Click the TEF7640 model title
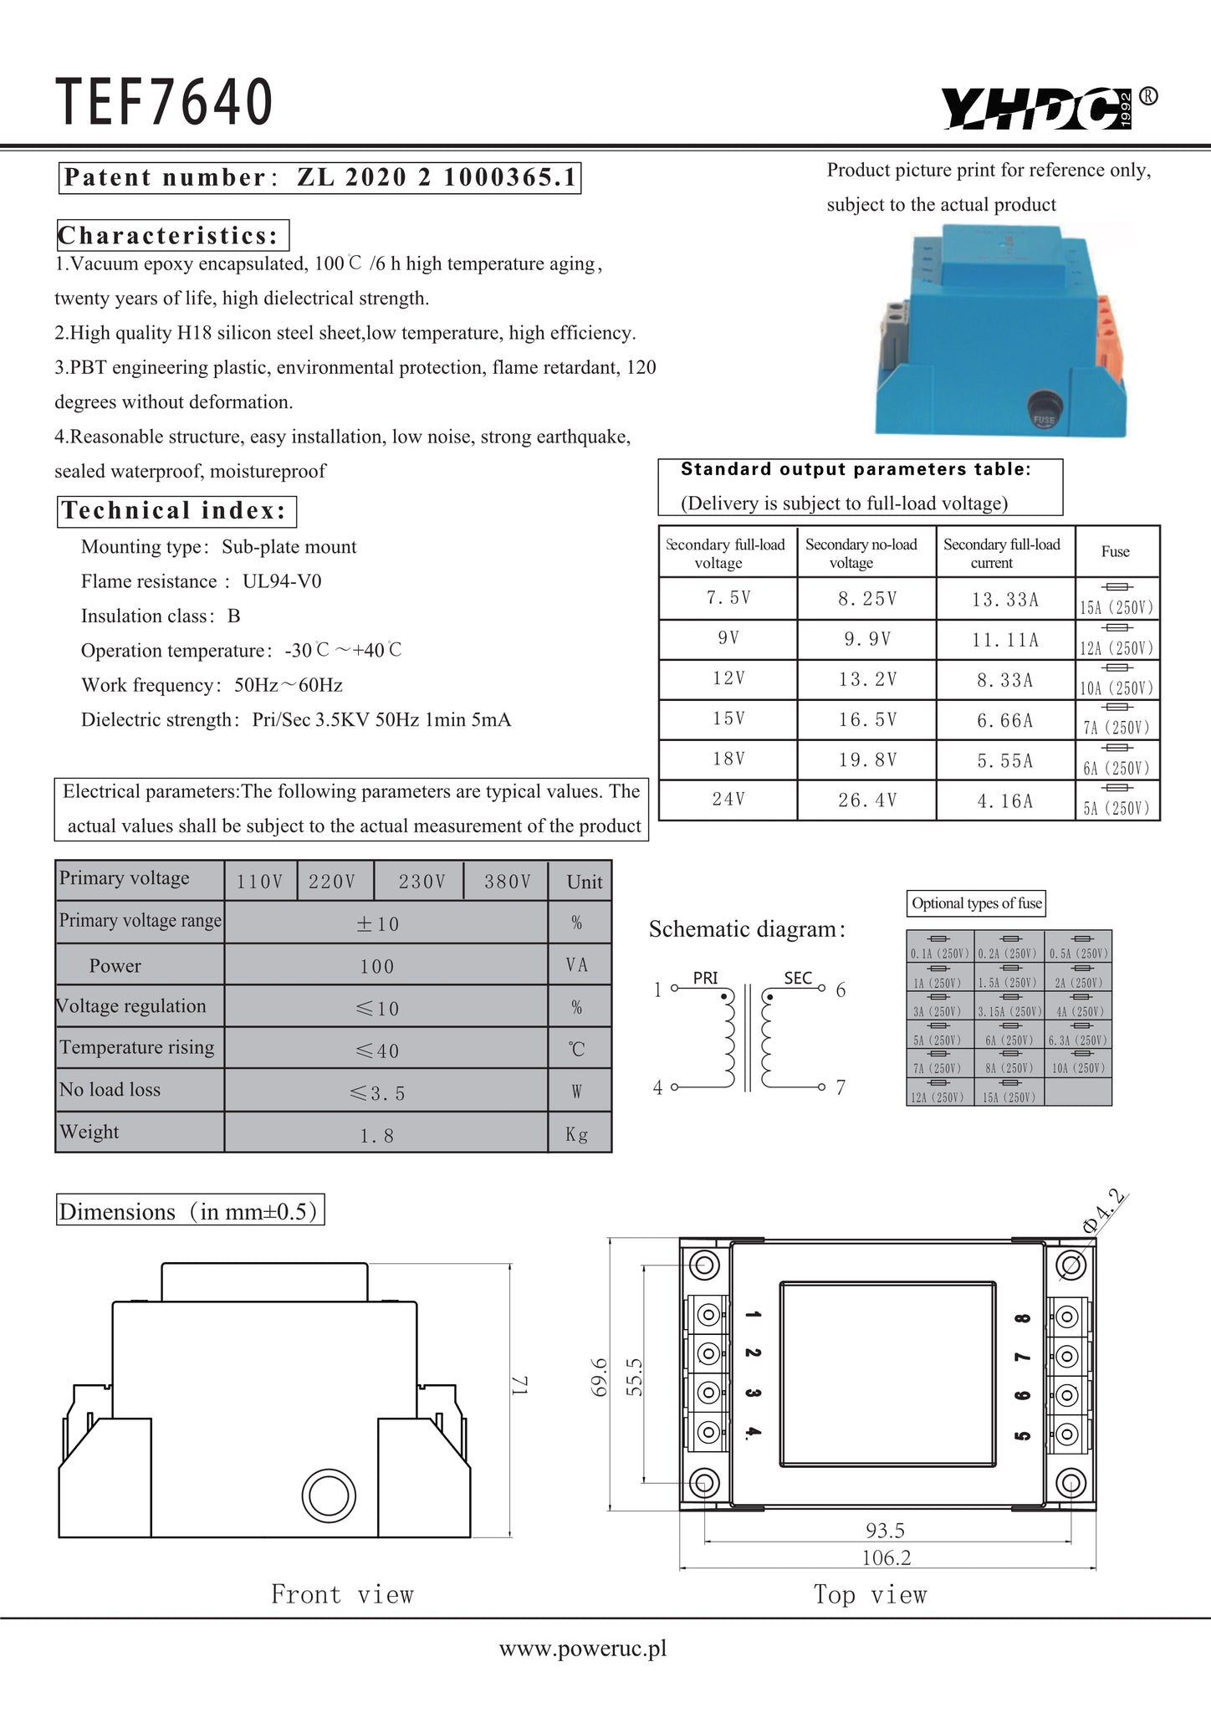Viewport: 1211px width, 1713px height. tap(165, 102)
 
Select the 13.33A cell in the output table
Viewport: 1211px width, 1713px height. tap(1004, 600)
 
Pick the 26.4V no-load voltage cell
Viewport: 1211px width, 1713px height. tap(867, 800)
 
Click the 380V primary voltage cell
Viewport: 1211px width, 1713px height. tap(507, 882)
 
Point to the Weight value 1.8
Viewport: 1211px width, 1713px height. tap(376, 1135)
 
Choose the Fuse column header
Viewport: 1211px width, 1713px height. tap(1116, 552)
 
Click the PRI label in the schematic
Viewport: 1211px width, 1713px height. tap(705, 978)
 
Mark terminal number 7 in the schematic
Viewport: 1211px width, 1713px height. tap(841, 1087)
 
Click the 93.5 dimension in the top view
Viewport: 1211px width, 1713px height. tap(885, 1531)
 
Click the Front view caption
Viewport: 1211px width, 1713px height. tap(342, 1594)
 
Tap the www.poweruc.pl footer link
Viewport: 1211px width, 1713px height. tap(583, 1649)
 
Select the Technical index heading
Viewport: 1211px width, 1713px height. tap(177, 511)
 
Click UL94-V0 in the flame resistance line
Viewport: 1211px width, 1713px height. tap(282, 581)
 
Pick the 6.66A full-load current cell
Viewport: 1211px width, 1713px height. tap(1004, 720)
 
